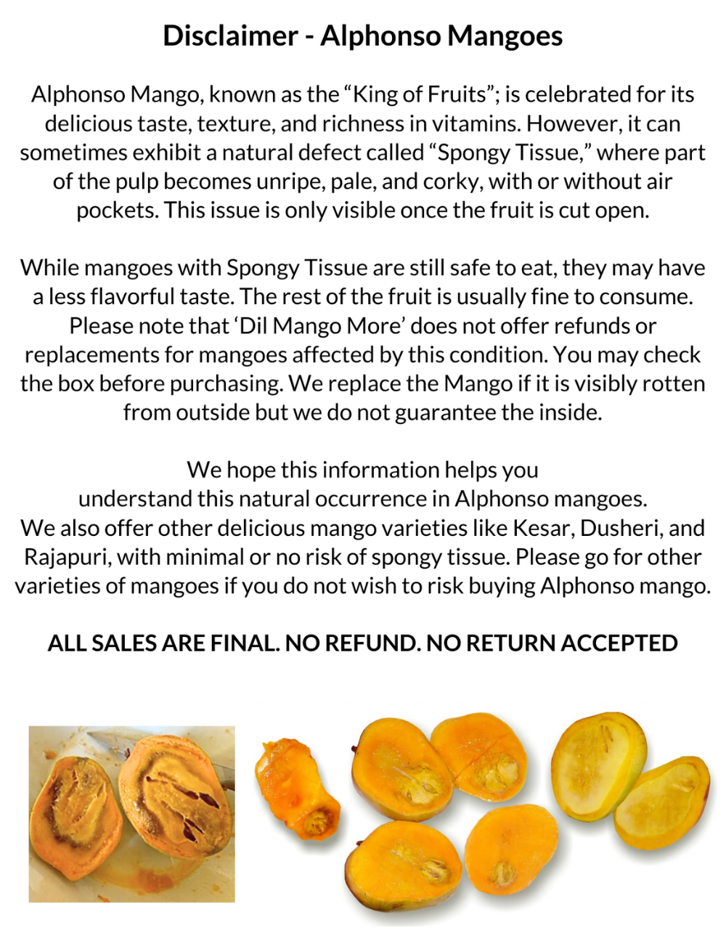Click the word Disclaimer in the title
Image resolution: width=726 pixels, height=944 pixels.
click(229, 36)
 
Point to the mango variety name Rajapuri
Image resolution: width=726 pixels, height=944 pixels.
click(66, 557)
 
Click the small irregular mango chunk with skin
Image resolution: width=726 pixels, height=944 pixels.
click(298, 788)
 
